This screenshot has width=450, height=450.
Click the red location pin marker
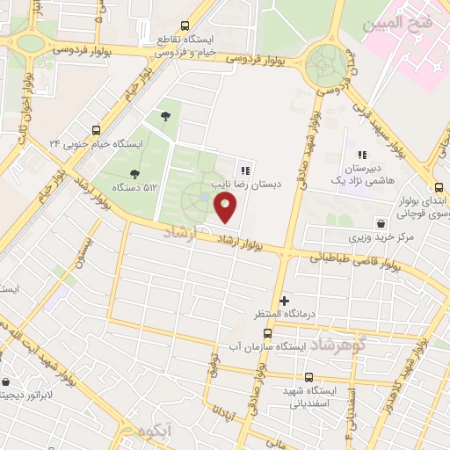(227, 208)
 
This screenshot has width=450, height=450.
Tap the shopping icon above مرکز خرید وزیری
(380, 222)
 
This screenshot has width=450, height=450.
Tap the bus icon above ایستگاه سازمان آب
(268, 333)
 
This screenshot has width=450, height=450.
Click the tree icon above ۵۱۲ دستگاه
(134, 174)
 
